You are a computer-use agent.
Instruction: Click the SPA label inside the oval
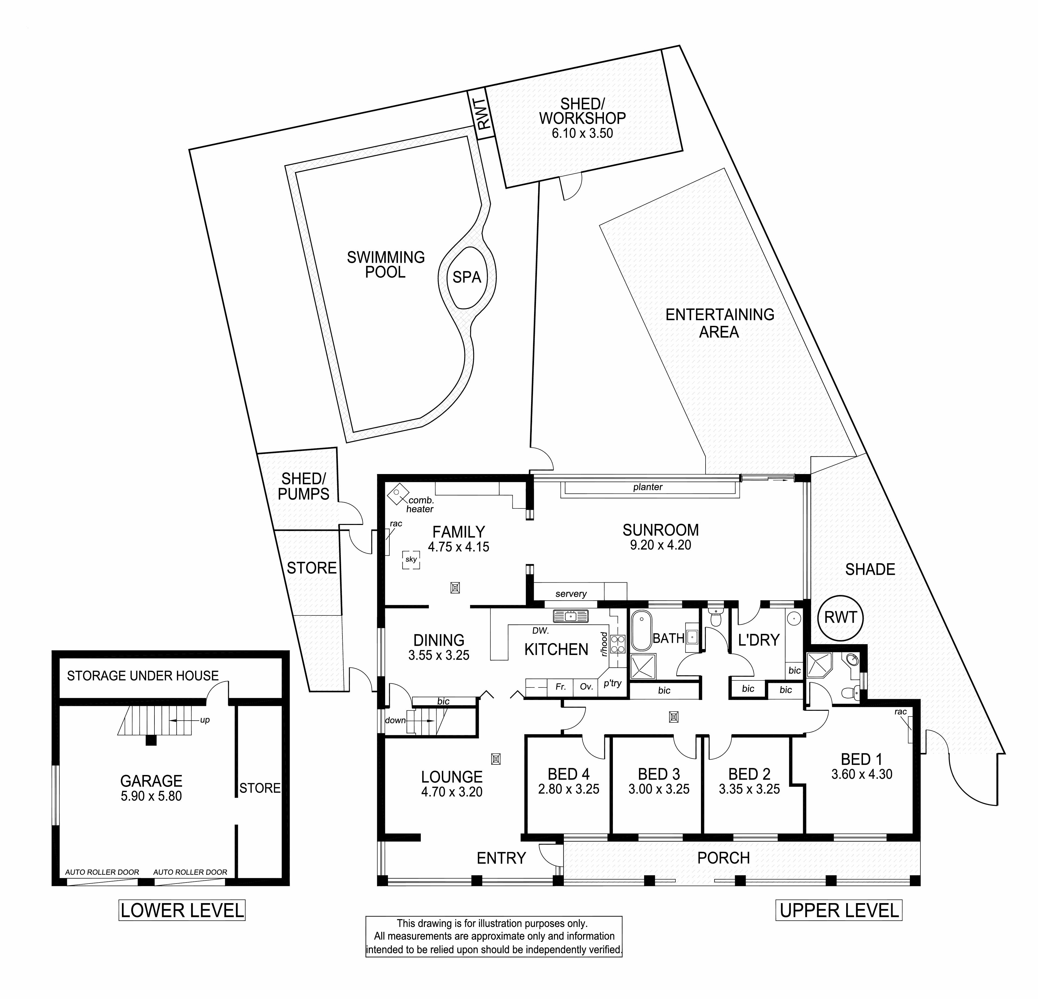(467, 277)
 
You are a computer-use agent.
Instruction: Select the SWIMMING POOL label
(386, 265)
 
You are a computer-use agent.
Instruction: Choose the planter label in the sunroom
(648, 487)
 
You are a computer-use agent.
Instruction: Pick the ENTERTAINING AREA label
(720, 323)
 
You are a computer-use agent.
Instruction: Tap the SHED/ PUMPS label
(303, 486)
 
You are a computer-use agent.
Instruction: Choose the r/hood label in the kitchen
(604, 644)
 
